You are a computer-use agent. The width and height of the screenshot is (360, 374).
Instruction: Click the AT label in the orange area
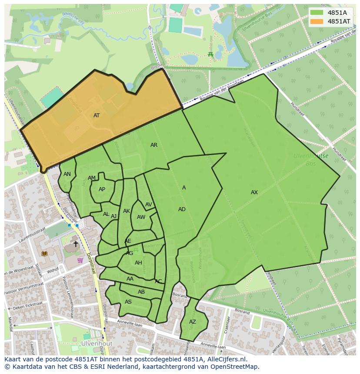(x=97, y=116)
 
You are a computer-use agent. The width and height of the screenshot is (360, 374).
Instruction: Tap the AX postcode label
(x=254, y=192)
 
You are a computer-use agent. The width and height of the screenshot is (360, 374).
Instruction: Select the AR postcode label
(x=154, y=145)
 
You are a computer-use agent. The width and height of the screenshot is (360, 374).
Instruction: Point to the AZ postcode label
(x=193, y=322)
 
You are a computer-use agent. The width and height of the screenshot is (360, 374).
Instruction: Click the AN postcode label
(x=67, y=174)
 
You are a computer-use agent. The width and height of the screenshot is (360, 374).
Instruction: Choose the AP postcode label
(x=102, y=189)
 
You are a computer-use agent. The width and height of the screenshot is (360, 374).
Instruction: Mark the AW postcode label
(x=141, y=217)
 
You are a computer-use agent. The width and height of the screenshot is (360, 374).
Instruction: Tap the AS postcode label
(x=128, y=302)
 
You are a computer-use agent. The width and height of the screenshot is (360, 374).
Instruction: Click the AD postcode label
(x=182, y=209)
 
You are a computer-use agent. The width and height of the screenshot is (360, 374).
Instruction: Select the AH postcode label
(x=138, y=263)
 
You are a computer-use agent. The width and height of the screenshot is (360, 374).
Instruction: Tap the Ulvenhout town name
(x=96, y=343)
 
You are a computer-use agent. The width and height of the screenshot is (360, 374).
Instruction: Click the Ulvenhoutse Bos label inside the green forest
(x=310, y=159)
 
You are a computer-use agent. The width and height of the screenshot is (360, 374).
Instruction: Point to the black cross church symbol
(x=76, y=244)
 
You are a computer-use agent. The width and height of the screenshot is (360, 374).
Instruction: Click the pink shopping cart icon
(x=80, y=260)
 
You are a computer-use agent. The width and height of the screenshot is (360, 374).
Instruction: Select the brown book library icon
(x=44, y=253)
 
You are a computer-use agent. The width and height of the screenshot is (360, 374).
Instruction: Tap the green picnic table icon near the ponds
(x=210, y=54)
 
